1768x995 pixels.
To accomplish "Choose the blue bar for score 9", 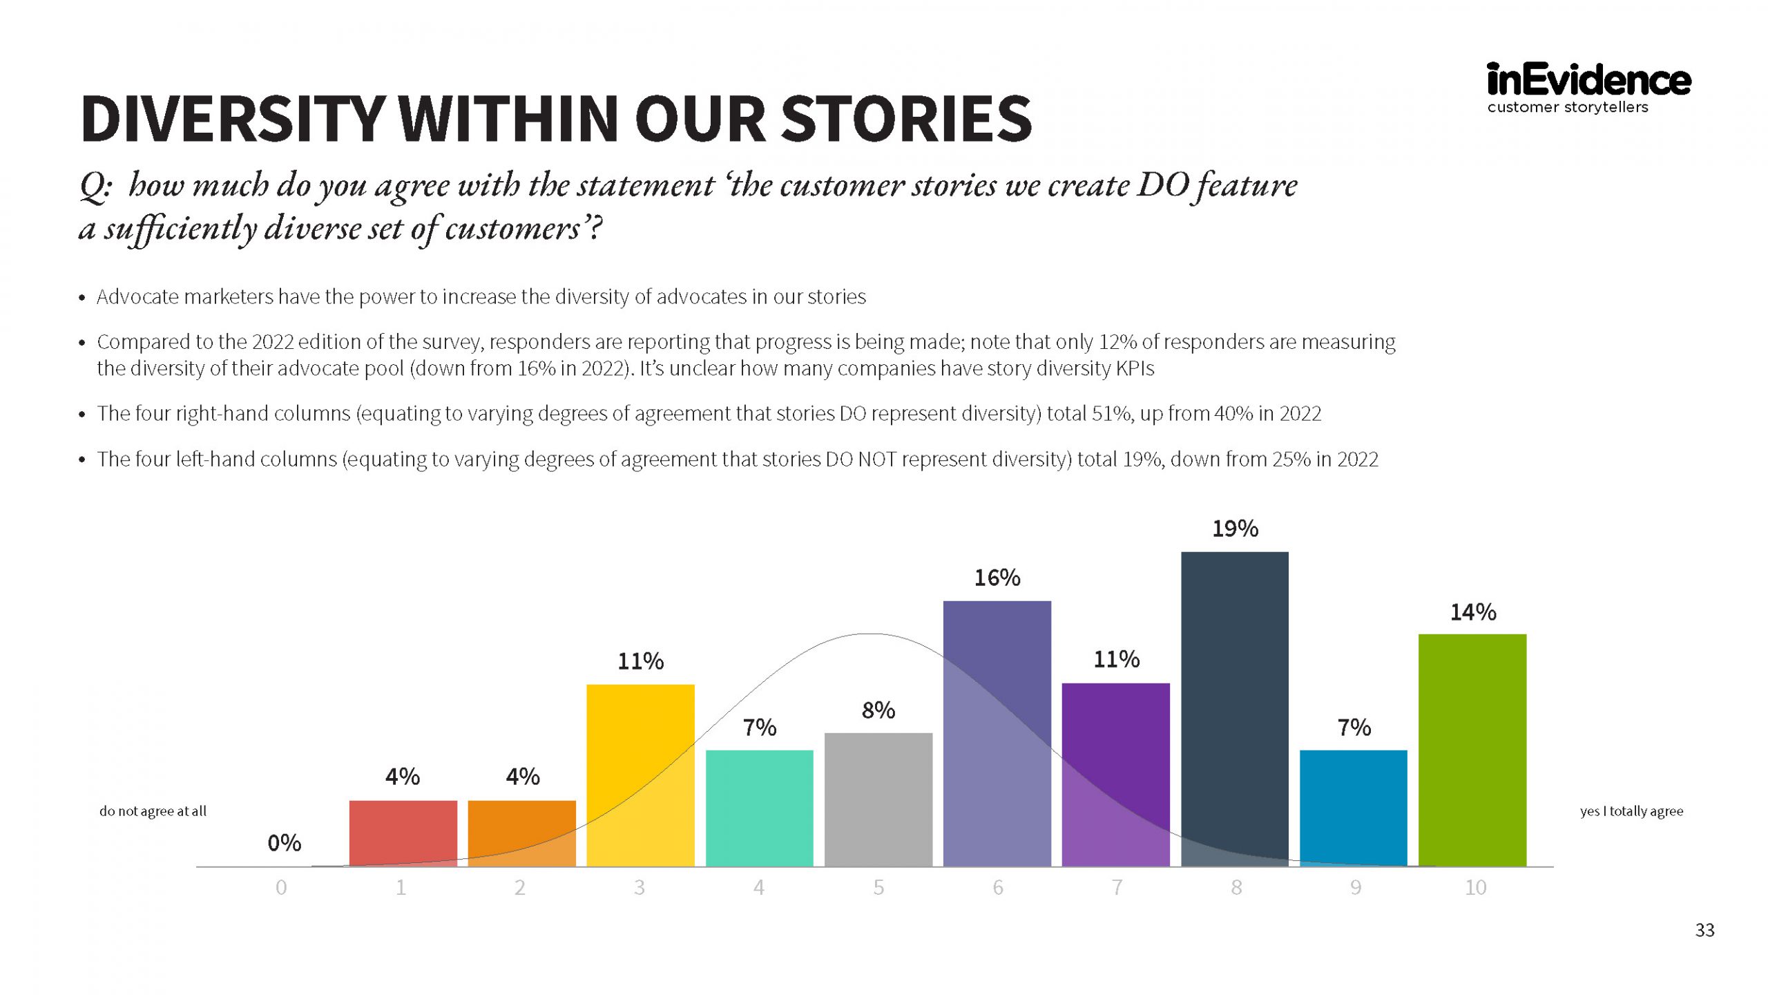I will pyautogui.click(x=1354, y=808).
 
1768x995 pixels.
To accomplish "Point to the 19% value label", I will pyautogui.click(x=1235, y=529).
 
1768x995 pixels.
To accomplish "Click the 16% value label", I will pyautogui.click(x=997, y=578).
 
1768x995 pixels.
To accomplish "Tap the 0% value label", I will pyautogui.click(x=284, y=843).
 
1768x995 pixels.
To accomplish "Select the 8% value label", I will pyautogui.click(x=878, y=710).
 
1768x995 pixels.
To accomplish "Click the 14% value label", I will pyautogui.click(x=1472, y=612).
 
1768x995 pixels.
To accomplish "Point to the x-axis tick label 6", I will pyautogui.click(x=998, y=887).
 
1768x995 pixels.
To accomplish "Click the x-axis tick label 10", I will pyautogui.click(x=1475, y=887).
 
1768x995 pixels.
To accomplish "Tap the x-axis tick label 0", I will pyautogui.click(x=281, y=887).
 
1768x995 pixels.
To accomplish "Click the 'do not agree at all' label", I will pyautogui.click(x=153, y=811).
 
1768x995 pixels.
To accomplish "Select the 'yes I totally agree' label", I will pyautogui.click(x=1631, y=811).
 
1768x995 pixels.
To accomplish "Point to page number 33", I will pyautogui.click(x=1704, y=930).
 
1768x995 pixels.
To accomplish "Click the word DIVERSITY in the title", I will pyautogui.click(x=232, y=119).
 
